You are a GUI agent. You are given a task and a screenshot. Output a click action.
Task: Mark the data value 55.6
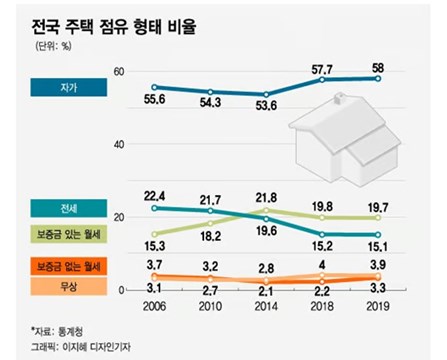click(155, 104)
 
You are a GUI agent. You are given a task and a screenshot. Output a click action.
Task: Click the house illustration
click(346, 146)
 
